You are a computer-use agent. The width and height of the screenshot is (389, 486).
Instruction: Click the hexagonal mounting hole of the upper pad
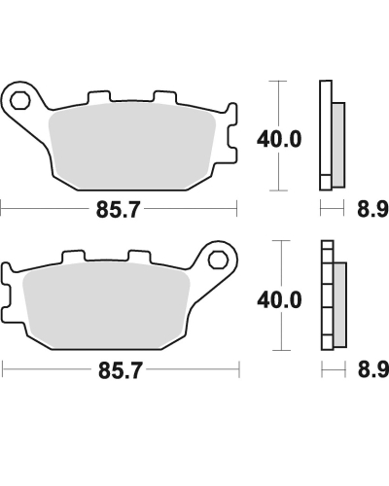(x=22, y=97)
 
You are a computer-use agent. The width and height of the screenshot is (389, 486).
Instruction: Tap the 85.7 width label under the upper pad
(x=119, y=207)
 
